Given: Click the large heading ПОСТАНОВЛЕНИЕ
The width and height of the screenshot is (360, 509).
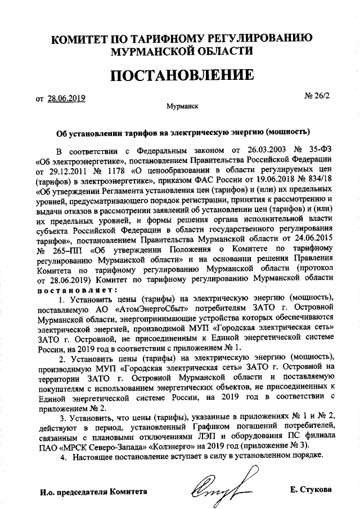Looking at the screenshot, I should click(179, 75).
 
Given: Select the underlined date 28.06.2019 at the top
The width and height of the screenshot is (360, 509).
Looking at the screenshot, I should click(66, 98).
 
